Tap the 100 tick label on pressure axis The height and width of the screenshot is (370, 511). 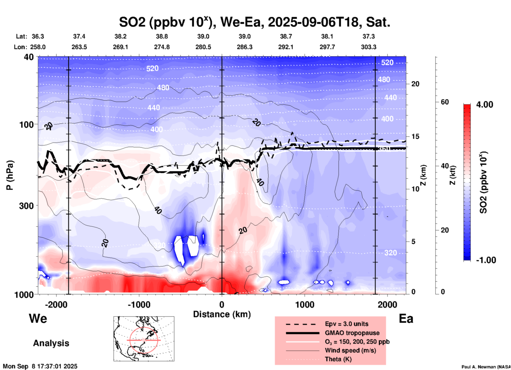(x=28, y=124)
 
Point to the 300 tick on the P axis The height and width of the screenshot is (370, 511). (x=28, y=206)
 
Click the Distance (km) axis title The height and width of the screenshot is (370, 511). (x=222, y=314)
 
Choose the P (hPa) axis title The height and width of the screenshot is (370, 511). (x=10, y=175)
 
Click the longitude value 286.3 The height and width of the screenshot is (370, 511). (x=244, y=47)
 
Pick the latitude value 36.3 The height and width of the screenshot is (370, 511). (x=38, y=36)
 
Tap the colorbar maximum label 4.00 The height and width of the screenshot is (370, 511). (x=484, y=105)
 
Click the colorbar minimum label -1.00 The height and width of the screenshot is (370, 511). (x=486, y=260)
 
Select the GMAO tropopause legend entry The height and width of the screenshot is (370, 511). (x=352, y=333)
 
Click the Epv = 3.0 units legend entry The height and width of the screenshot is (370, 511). (x=347, y=324)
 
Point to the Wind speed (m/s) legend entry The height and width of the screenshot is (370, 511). (x=350, y=351)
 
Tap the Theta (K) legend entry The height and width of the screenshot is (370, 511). (x=338, y=359)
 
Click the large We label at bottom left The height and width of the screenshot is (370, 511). (x=38, y=319)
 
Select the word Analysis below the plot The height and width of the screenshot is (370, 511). (x=51, y=343)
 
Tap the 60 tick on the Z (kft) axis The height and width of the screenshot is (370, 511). (x=445, y=102)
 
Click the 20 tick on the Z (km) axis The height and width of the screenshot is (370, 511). (x=415, y=84)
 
